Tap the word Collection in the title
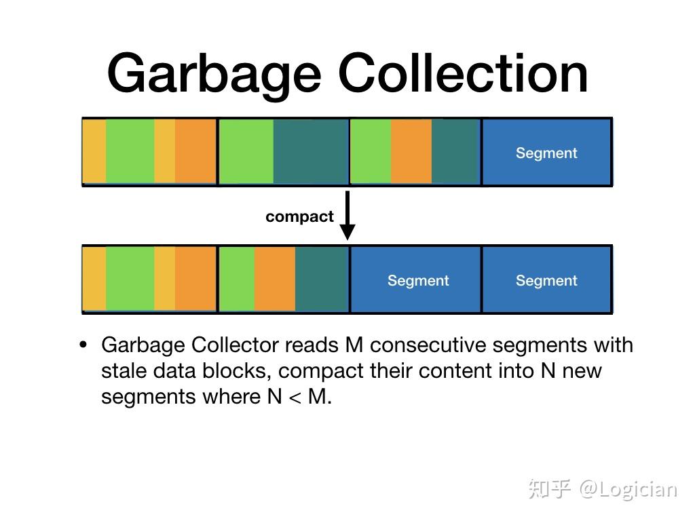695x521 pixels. click(463, 73)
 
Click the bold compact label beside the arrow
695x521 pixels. click(299, 216)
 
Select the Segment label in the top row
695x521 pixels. click(546, 153)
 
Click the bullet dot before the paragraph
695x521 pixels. click(83, 345)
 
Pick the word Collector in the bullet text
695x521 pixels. click(235, 345)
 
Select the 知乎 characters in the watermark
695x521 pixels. click(549, 489)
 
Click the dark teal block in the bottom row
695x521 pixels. click(322, 279)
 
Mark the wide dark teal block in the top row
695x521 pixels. click(311, 152)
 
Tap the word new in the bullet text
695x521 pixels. click(582, 370)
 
